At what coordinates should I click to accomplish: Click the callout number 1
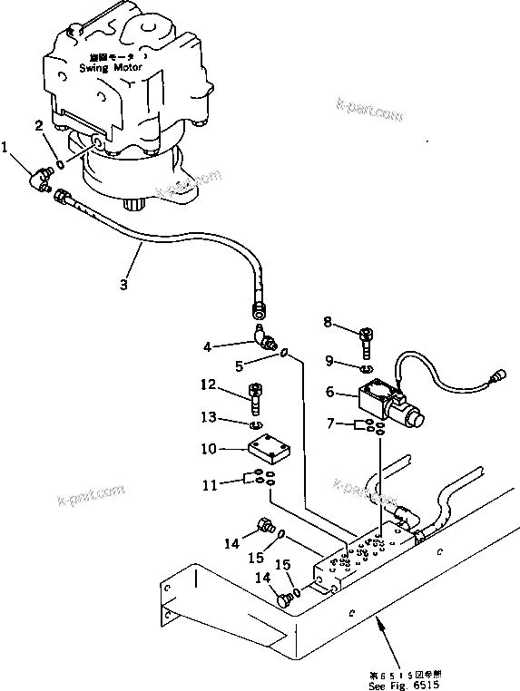coord(6,146)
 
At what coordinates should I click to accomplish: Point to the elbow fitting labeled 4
coord(264,338)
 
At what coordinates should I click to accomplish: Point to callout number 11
coord(210,485)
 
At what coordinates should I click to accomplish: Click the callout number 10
coord(208,449)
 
